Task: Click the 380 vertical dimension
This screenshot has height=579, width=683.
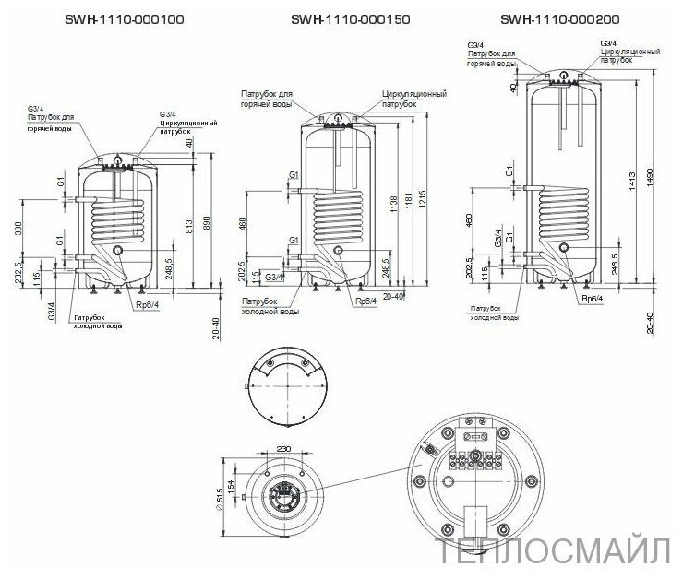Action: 21,227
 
